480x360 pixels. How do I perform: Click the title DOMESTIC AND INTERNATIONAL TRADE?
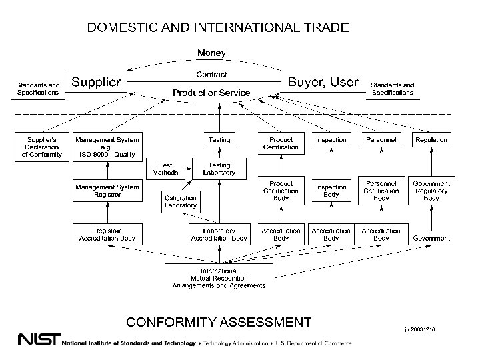[x=218, y=27]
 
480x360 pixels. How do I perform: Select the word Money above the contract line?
[x=211, y=53]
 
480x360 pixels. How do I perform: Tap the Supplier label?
[x=96, y=82]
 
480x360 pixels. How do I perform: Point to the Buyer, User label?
[x=323, y=82]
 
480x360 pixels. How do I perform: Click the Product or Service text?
[x=211, y=93]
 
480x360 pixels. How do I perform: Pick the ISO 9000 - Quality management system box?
[x=107, y=147]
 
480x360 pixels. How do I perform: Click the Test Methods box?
[x=165, y=169]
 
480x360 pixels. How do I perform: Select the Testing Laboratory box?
[x=219, y=169]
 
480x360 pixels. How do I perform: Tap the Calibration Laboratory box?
[x=181, y=201]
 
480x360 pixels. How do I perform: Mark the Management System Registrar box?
[x=107, y=191]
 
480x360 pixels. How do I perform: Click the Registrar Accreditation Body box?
[x=107, y=234]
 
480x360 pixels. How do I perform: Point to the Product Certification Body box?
[x=281, y=191]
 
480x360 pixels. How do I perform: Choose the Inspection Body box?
[x=331, y=191]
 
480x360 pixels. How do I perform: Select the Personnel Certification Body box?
[x=381, y=191]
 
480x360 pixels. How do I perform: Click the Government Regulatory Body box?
[x=431, y=191]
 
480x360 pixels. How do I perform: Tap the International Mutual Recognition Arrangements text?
[x=219, y=278]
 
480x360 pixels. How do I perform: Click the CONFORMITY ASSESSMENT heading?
[x=219, y=323]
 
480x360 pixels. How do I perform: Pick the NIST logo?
[x=39, y=338]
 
